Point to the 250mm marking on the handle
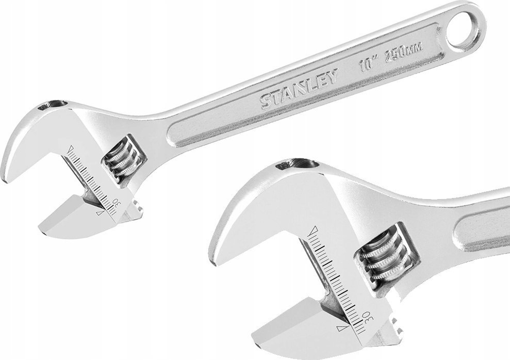[x=403, y=52]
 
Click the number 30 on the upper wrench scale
[x=116, y=204]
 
